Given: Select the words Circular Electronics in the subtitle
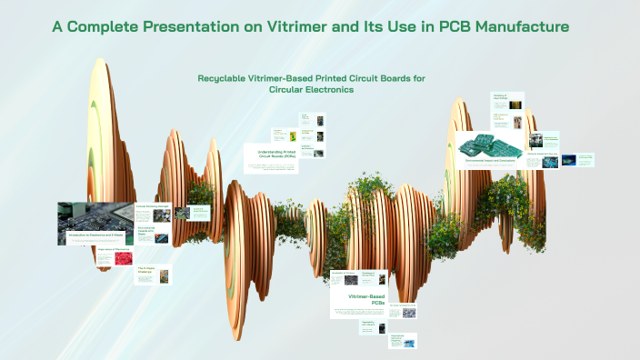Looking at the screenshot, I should [311, 89].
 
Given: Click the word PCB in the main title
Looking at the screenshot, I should [431, 27].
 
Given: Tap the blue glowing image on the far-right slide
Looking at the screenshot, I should [570, 161].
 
